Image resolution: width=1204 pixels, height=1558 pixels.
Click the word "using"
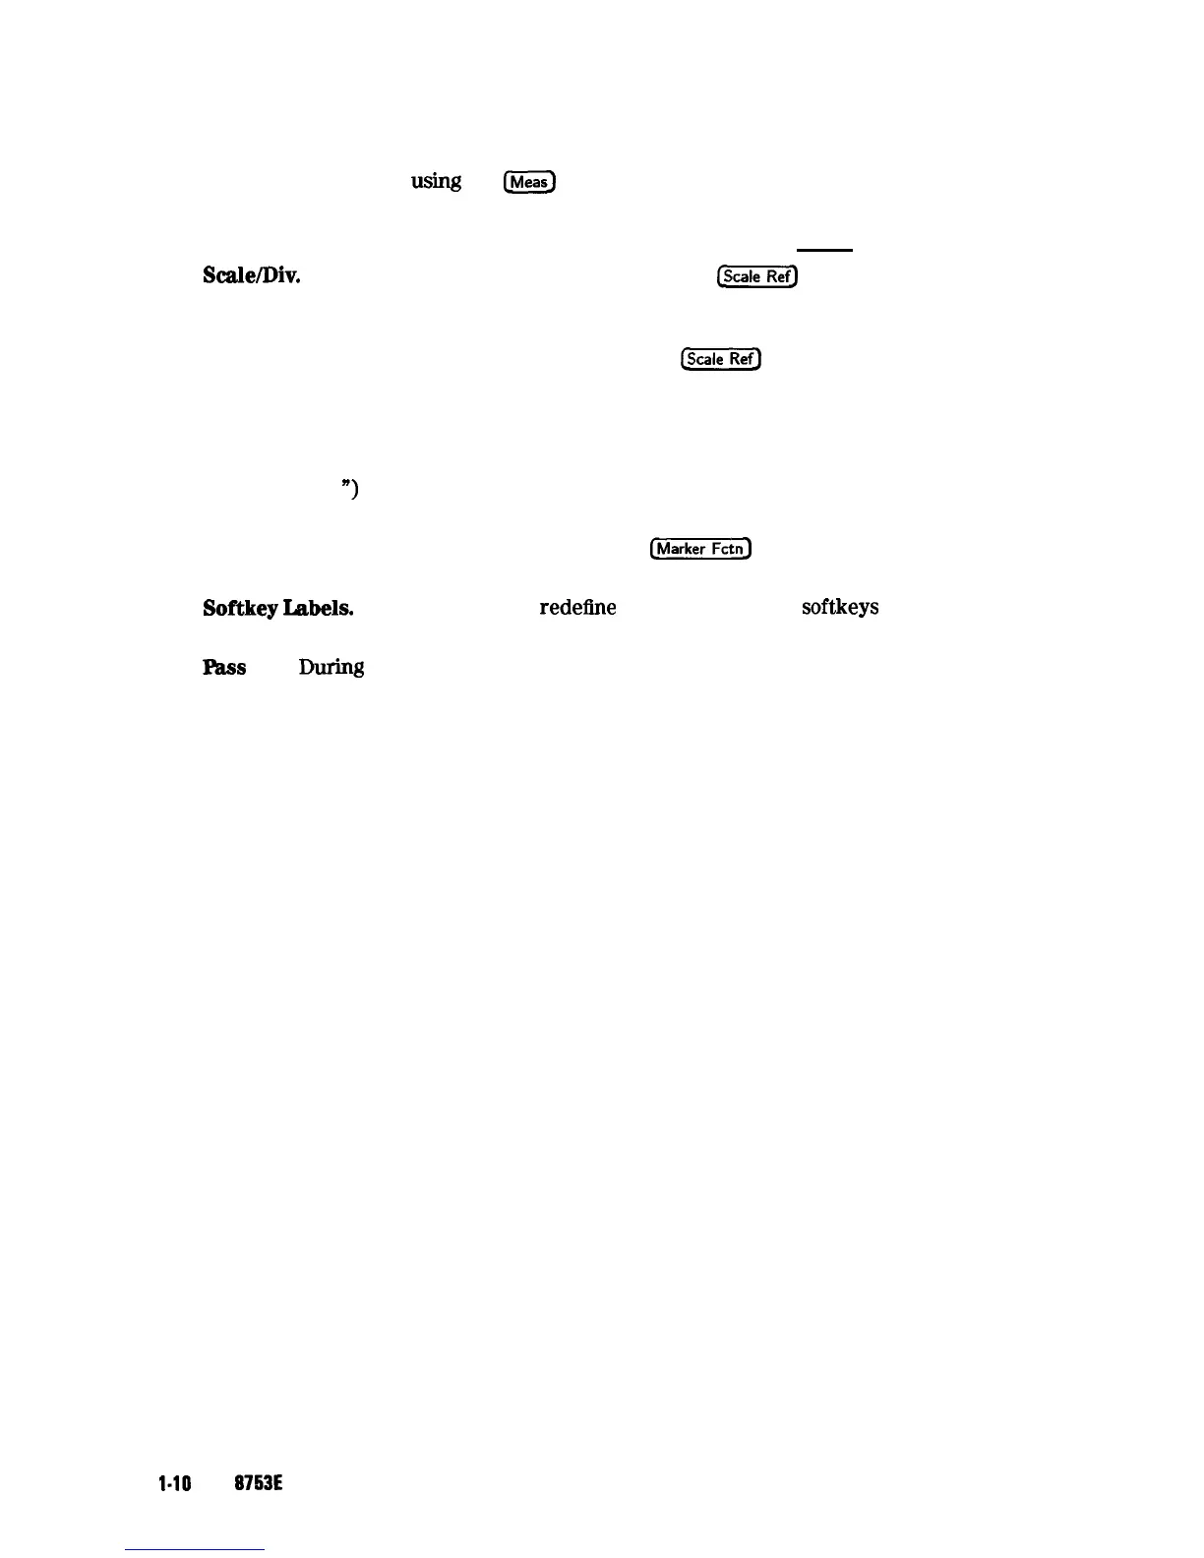[x=436, y=181]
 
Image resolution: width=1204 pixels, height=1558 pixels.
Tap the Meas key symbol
[x=529, y=182]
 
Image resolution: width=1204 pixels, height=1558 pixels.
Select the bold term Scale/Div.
[x=251, y=275]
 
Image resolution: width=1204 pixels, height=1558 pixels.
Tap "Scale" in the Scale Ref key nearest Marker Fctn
[x=704, y=359]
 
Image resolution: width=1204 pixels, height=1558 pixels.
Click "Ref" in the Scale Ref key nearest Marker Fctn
[x=743, y=359]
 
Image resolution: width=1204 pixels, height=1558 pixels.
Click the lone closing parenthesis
[x=353, y=489]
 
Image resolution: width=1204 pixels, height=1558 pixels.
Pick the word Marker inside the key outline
[x=681, y=549]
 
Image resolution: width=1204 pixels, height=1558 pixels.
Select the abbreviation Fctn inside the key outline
[x=727, y=549]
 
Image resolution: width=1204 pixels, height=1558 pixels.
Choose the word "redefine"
[x=577, y=608]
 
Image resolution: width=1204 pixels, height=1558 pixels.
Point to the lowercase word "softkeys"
[x=840, y=608]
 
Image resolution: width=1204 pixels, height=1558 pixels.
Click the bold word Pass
[x=224, y=667]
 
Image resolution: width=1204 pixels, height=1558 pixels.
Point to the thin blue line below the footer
[x=195, y=1550]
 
